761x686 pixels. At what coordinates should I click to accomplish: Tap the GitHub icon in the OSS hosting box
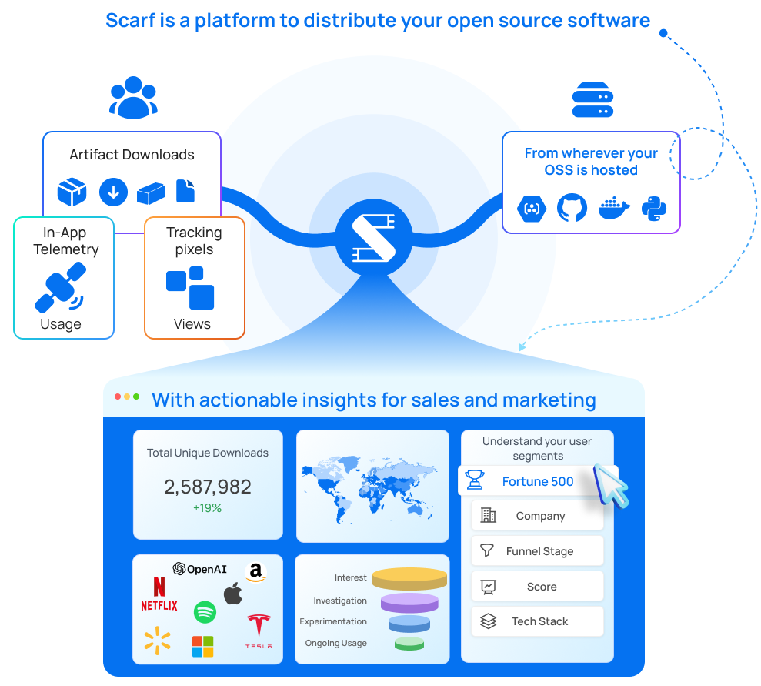tap(572, 208)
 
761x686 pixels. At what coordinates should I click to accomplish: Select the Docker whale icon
tap(613, 208)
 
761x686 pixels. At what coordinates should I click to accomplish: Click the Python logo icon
tap(654, 208)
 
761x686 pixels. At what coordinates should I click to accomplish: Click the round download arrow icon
tap(113, 192)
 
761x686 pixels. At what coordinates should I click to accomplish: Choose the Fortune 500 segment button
tap(538, 481)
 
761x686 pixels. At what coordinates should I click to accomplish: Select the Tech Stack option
tap(538, 621)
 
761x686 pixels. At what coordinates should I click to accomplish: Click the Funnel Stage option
tap(538, 551)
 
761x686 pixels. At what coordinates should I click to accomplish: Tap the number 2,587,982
tap(208, 487)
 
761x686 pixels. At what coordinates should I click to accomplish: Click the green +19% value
tap(208, 508)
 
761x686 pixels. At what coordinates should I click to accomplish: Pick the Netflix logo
tap(159, 594)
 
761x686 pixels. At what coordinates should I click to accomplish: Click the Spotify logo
tap(205, 613)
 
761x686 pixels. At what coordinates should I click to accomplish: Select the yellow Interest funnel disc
tap(409, 578)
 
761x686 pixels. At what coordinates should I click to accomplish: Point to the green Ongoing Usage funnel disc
tap(409, 643)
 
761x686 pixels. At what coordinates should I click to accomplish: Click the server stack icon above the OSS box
tap(592, 101)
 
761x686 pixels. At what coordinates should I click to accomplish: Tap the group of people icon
tap(133, 97)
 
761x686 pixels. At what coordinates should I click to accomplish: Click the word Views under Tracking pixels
tap(192, 324)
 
